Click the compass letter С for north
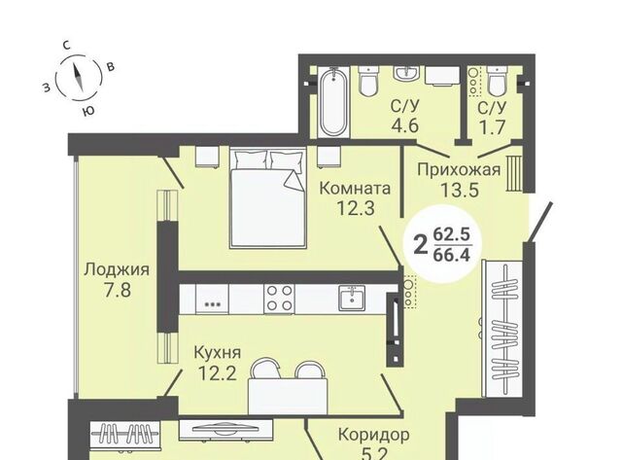[x=67, y=46]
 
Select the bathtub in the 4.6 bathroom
[x=333, y=102]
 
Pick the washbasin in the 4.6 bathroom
[x=406, y=73]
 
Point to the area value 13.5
[x=460, y=190]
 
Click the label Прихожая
[x=459, y=170]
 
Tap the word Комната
[x=355, y=188]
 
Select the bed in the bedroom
[x=268, y=197]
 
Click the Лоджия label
[x=117, y=270]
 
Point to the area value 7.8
[x=118, y=290]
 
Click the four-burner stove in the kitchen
[x=280, y=298]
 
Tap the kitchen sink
[x=352, y=298]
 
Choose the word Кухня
[x=218, y=352]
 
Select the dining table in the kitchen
[x=288, y=395]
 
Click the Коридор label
[x=373, y=435]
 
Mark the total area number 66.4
[x=451, y=255]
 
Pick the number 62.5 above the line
[x=451, y=234]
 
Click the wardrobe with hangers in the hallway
[x=501, y=329]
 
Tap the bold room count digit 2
[x=421, y=244]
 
